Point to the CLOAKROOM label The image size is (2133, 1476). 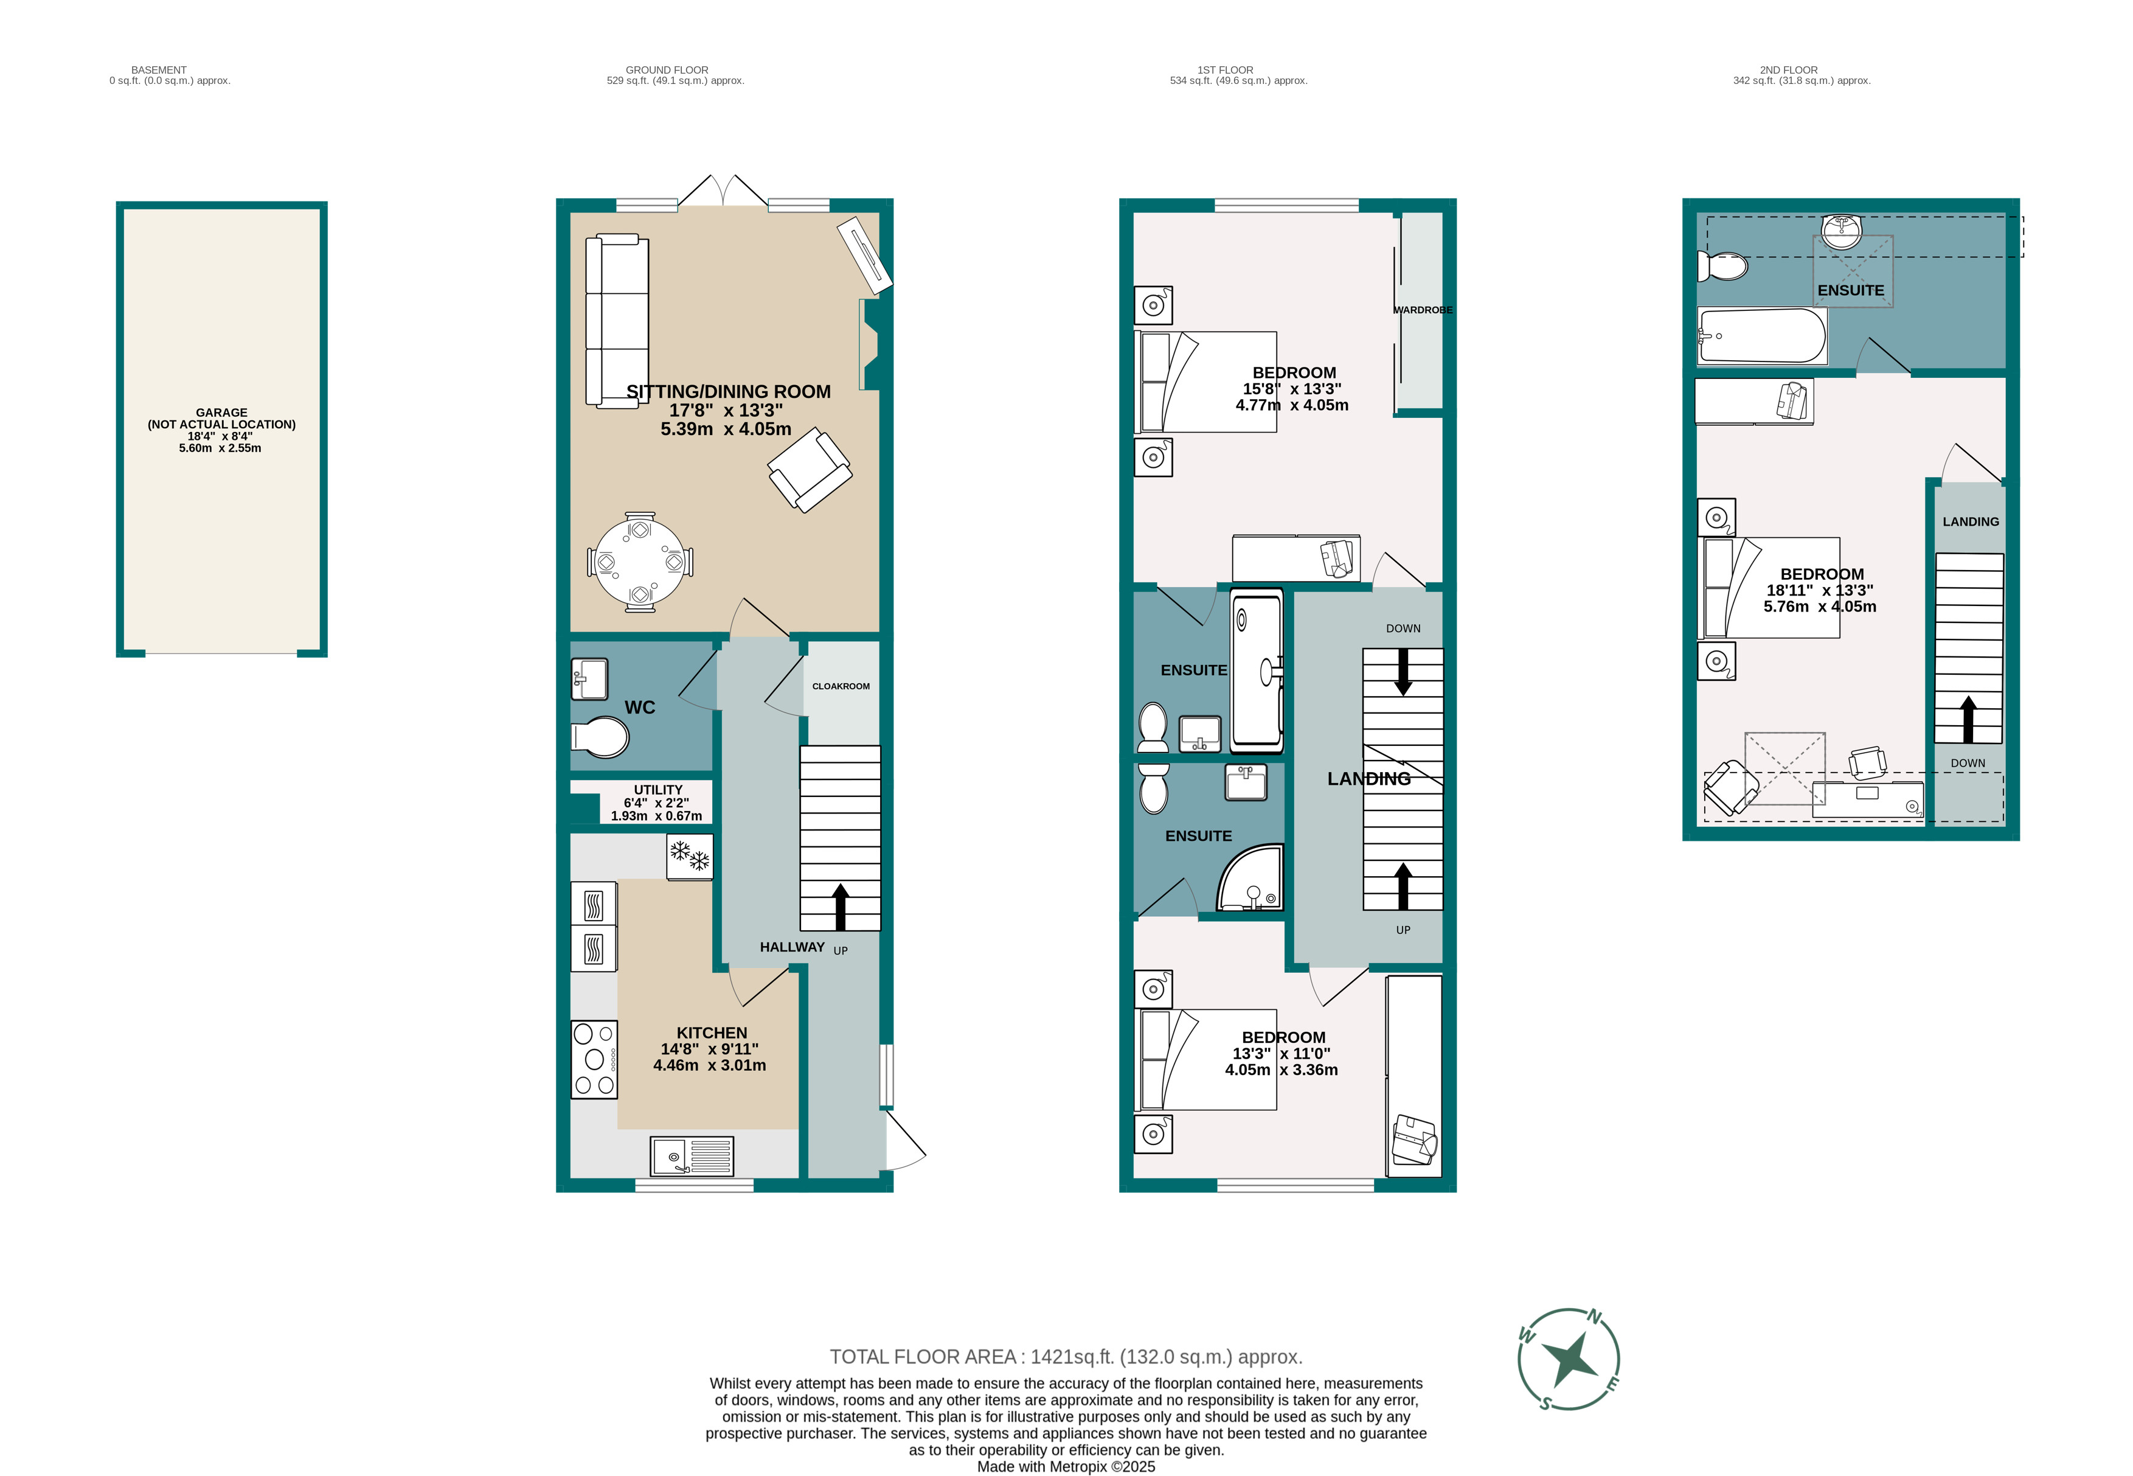(x=841, y=686)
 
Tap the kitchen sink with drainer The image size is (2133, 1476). (x=692, y=1156)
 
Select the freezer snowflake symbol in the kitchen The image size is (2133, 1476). (x=690, y=857)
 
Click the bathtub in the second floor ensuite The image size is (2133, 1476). (x=1761, y=336)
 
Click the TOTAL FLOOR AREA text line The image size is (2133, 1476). (x=1065, y=1357)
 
